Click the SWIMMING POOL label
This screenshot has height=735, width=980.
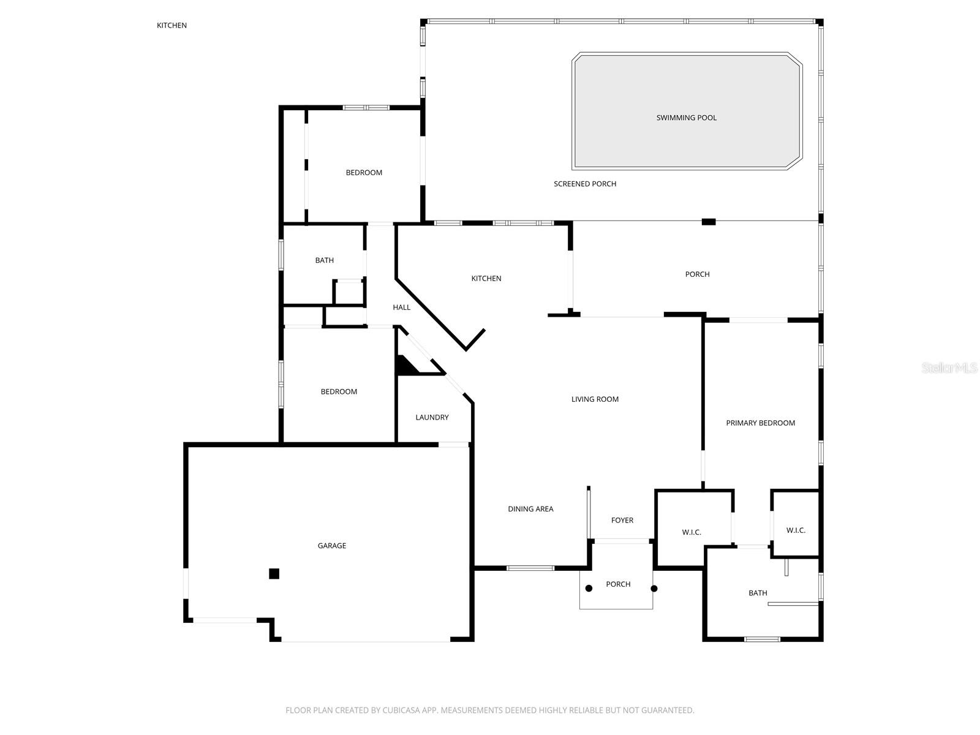coord(686,118)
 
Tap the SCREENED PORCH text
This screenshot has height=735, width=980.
coord(585,184)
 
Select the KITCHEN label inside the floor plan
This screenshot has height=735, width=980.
coord(486,279)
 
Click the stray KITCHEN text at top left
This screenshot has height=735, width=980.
coord(171,26)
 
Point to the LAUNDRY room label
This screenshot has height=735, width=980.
coord(432,418)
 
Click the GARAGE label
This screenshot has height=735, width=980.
coord(332,546)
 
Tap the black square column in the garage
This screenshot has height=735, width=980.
coord(274,574)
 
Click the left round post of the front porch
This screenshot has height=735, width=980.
coord(589,589)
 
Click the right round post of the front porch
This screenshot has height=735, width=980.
coord(654,589)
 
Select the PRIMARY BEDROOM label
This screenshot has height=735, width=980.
coord(760,423)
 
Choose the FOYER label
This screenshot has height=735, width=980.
coord(622,521)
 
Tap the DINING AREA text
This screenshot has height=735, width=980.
coord(530,509)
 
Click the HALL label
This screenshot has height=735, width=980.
coord(402,307)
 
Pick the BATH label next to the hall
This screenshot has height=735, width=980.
coord(325,260)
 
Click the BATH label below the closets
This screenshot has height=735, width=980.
coord(758,593)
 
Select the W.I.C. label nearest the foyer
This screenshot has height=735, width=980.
coord(692,532)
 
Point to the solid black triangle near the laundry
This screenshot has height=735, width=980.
coord(404,366)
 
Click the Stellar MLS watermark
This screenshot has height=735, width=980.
coord(949,367)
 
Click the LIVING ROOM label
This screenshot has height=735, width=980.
coord(595,399)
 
